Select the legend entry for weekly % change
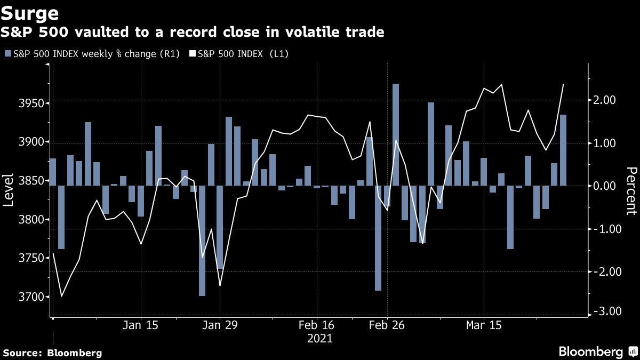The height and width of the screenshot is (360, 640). (x=95, y=54)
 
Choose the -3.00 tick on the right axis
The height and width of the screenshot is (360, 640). (x=604, y=311)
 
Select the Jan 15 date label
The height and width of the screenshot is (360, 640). (x=141, y=325)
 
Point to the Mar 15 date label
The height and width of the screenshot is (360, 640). (x=484, y=325)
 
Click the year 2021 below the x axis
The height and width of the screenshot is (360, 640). (x=320, y=339)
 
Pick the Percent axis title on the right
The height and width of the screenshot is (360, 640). (x=631, y=190)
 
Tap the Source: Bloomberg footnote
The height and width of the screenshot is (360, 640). (x=52, y=353)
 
